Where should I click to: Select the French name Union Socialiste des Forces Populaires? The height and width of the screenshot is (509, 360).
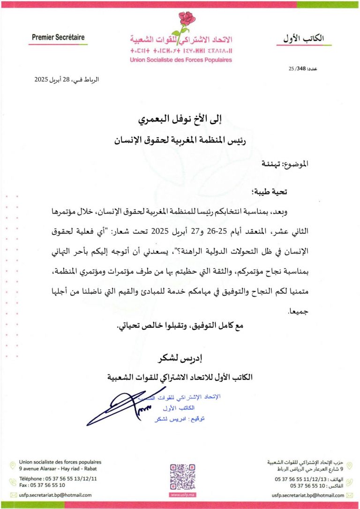click(x=180, y=60)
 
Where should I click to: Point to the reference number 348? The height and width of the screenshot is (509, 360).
click(x=300, y=69)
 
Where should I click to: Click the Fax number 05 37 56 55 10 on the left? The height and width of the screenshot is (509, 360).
click(x=42, y=485)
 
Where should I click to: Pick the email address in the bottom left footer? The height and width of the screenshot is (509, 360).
click(x=55, y=495)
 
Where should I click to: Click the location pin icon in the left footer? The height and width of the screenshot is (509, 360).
click(x=13, y=465)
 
